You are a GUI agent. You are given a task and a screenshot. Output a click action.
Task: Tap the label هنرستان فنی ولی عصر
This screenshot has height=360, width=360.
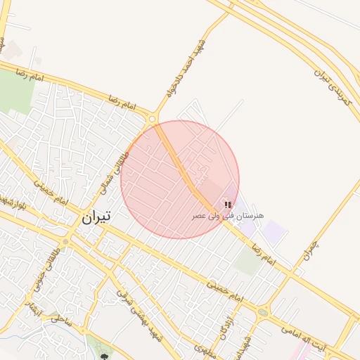(228, 214)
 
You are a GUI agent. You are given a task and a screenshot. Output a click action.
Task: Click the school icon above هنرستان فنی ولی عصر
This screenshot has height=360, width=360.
(227, 204)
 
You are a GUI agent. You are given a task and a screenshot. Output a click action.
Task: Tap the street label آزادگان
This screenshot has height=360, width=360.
(226, 319)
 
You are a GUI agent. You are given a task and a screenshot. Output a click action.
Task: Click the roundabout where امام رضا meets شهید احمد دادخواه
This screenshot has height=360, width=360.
(152, 119)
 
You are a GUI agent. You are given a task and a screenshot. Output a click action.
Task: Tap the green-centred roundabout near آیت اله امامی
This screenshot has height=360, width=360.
(263, 312)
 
